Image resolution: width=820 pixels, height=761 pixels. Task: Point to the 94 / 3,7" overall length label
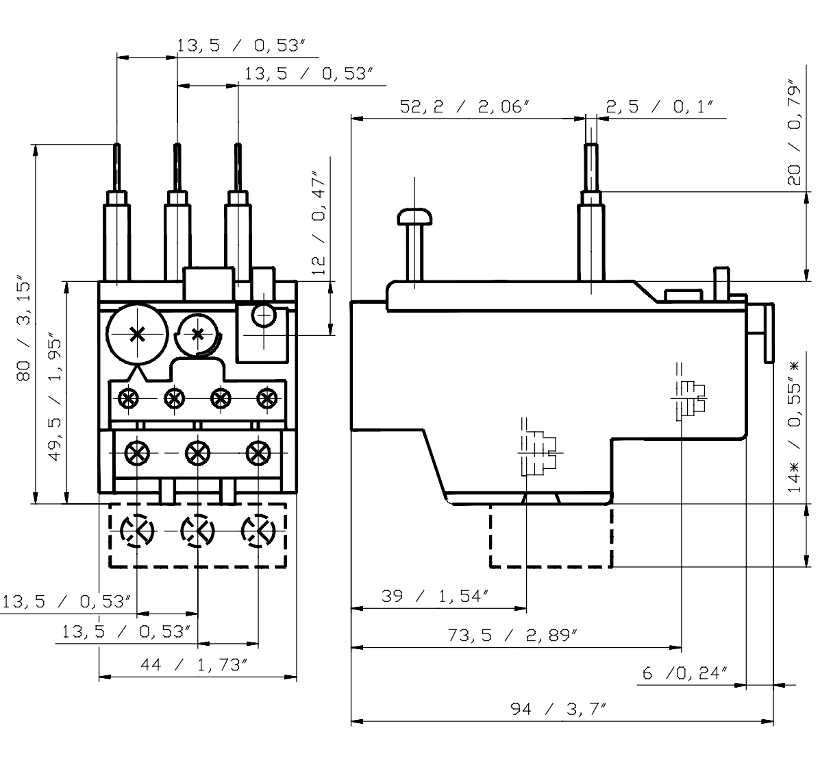(x=560, y=708)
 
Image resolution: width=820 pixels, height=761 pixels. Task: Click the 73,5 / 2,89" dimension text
(x=510, y=635)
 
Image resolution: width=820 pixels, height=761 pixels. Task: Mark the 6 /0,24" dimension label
(x=684, y=673)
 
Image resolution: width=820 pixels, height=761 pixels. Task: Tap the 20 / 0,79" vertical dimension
(x=794, y=135)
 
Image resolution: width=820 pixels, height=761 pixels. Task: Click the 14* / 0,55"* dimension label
(x=794, y=426)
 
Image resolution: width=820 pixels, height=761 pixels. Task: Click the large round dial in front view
(x=137, y=334)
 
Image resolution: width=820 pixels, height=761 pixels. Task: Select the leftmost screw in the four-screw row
(x=127, y=397)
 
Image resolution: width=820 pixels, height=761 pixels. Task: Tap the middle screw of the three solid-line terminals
(x=197, y=452)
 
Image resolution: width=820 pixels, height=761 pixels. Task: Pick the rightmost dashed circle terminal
(x=258, y=530)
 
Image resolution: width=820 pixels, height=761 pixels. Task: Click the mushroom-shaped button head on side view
(x=415, y=217)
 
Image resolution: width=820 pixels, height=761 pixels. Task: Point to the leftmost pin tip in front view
(x=117, y=148)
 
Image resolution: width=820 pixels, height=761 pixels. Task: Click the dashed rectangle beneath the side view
(x=550, y=536)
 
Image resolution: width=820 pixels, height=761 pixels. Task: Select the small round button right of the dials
(x=262, y=315)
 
